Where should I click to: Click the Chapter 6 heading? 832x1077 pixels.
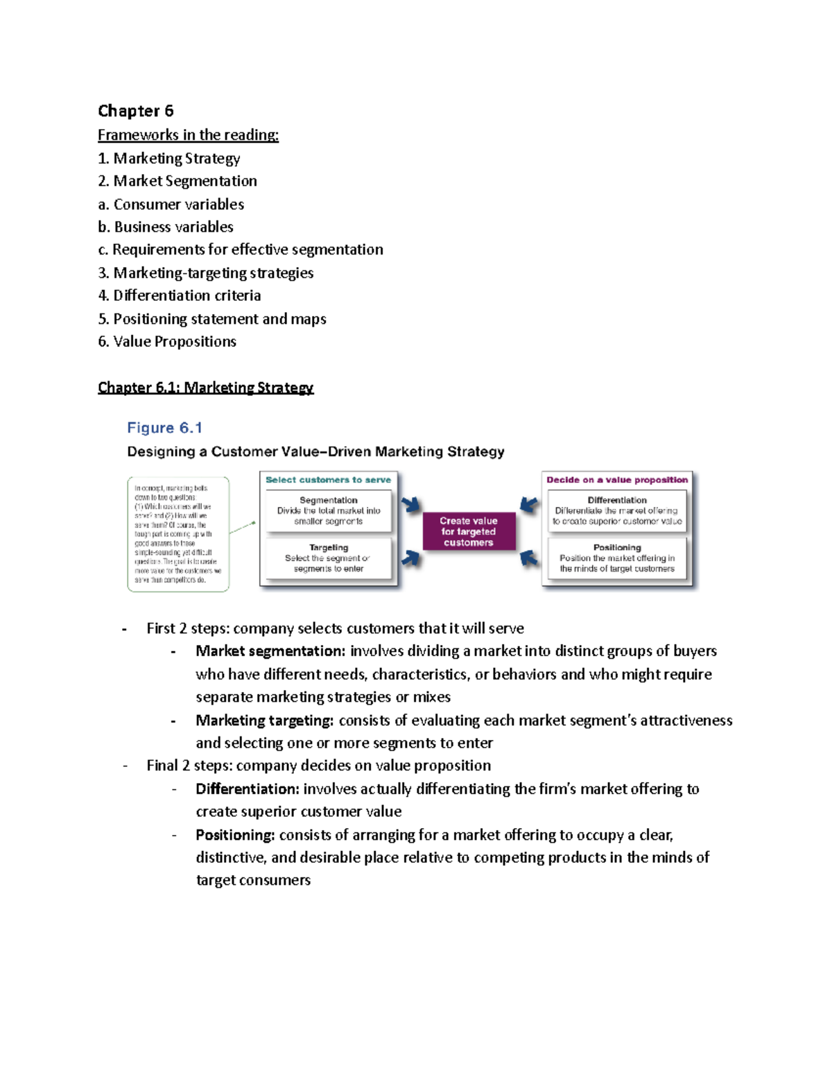[136, 111]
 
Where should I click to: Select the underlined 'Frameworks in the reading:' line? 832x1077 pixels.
[188, 135]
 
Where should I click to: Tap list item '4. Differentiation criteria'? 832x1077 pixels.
[180, 295]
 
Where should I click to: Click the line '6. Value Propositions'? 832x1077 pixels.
[167, 341]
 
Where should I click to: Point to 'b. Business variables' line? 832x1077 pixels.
[166, 227]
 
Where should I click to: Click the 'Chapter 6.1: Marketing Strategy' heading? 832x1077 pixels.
[206, 388]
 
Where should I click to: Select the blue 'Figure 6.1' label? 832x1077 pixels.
[164, 428]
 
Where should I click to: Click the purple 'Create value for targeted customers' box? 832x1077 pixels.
[469, 531]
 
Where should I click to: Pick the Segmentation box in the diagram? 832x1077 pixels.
[329, 510]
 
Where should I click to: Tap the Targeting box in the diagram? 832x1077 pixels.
[329, 558]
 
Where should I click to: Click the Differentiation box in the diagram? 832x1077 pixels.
[617, 510]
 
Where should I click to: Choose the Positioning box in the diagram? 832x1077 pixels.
[617, 558]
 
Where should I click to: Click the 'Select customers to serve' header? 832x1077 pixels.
[328, 480]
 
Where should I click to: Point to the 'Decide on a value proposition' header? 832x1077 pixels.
[617, 480]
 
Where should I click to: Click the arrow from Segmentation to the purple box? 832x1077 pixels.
[411, 505]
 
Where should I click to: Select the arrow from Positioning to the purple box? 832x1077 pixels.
[529, 558]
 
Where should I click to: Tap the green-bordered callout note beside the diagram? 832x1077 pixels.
[178, 534]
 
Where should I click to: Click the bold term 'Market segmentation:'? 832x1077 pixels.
[270, 651]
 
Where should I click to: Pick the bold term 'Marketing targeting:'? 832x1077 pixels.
[265, 721]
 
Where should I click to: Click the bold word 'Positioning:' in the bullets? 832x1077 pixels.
[235, 835]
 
